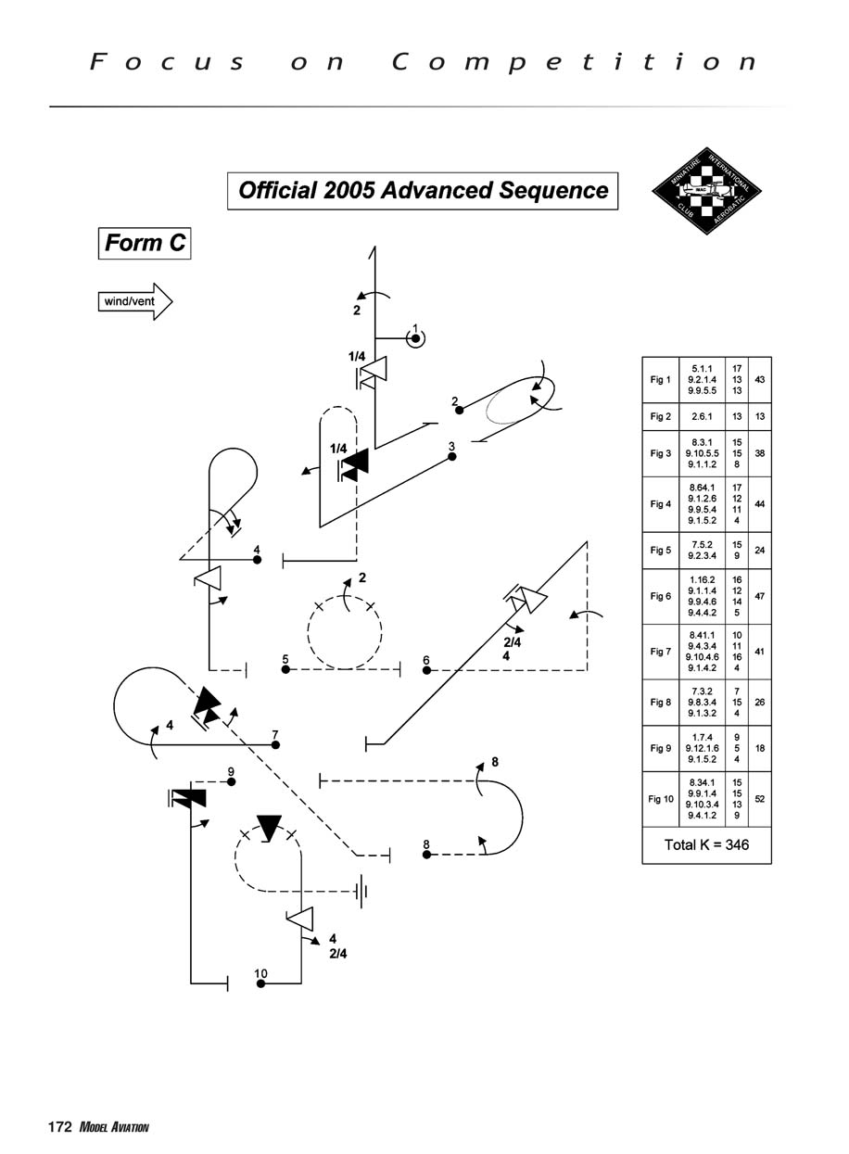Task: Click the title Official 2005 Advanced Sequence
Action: [423, 191]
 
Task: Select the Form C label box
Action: [145, 243]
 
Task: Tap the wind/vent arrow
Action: [135, 301]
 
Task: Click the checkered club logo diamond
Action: [709, 191]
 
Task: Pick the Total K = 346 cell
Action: [706, 844]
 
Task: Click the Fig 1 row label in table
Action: [660, 380]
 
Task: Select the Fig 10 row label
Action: [661, 798]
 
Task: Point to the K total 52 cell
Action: [760, 798]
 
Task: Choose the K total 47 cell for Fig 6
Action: [760, 597]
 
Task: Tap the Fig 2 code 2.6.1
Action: [702, 416]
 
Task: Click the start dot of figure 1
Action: [416, 339]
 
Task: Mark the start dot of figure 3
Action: [452, 457]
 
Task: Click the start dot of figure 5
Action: [286, 669]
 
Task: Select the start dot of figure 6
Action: [427, 669]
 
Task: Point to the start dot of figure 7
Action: [275, 744]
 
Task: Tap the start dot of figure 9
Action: [232, 781]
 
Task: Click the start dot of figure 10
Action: [261, 983]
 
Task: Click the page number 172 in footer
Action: [60, 1127]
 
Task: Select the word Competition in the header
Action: [575, 62]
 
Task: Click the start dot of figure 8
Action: [426, 855]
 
